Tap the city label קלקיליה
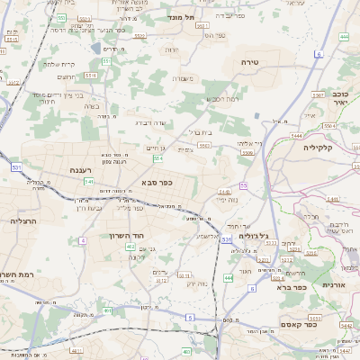[x=318, y=147]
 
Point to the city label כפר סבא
[x=157, y=183]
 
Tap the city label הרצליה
[x=22, y=220]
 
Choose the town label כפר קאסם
[x=298, y=324]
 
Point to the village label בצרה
[x=91, y=106]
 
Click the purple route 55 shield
[x=243, y=185]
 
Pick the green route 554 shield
[x=157, y=158]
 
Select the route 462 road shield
[x=130, y=246]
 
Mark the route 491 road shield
[x=108, y=310]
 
